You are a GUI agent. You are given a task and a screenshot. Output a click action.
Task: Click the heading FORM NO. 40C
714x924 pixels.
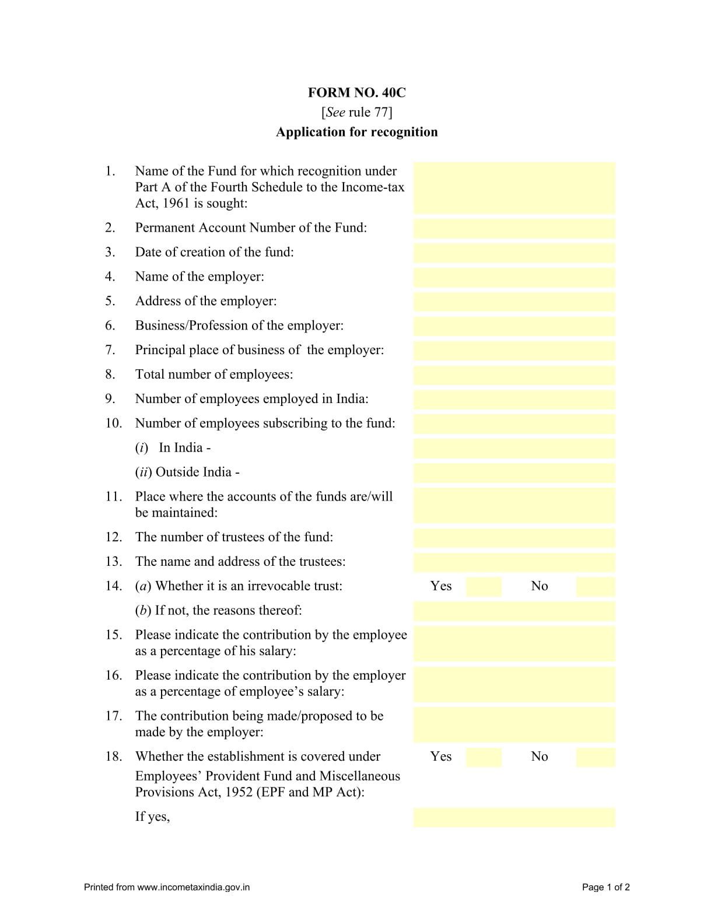[356, 93]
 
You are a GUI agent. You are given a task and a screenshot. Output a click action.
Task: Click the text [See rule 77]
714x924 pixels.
[356, 112]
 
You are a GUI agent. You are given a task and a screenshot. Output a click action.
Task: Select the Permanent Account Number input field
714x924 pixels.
[514, 228]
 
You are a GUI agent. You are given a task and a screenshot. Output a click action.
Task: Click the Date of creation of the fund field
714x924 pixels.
[514, 253]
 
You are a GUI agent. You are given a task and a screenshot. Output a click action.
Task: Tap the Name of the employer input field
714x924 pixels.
[514, 277]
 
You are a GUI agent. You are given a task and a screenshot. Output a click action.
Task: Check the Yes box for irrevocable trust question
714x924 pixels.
[484, 586]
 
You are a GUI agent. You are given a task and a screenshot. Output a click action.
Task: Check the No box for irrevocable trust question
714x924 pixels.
[595, 586]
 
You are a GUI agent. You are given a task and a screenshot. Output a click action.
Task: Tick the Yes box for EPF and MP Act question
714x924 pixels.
[484, 757]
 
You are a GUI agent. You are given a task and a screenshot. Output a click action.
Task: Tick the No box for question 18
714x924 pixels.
[595, 757]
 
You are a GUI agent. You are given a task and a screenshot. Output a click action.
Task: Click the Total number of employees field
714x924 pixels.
[514, 375]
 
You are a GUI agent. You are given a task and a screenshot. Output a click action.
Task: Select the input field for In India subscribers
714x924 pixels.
[514, 449]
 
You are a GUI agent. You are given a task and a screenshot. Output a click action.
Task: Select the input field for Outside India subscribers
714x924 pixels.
[514, 473]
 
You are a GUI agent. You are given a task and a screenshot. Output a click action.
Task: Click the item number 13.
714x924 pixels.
[113, 562]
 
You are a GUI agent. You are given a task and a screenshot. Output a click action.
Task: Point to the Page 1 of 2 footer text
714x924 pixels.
[605, 887]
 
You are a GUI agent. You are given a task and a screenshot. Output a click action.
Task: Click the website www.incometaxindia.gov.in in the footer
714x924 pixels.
[193, 887]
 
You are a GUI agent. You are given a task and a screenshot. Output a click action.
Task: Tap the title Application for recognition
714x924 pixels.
[356, 132]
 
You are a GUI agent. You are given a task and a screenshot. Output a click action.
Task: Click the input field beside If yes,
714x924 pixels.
[514, 817]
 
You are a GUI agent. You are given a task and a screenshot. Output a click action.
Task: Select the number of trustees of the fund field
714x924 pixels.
[514, 538]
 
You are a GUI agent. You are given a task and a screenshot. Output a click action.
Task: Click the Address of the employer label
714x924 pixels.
[206, 301]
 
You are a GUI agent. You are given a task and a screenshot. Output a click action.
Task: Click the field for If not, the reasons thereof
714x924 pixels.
[514, 611]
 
